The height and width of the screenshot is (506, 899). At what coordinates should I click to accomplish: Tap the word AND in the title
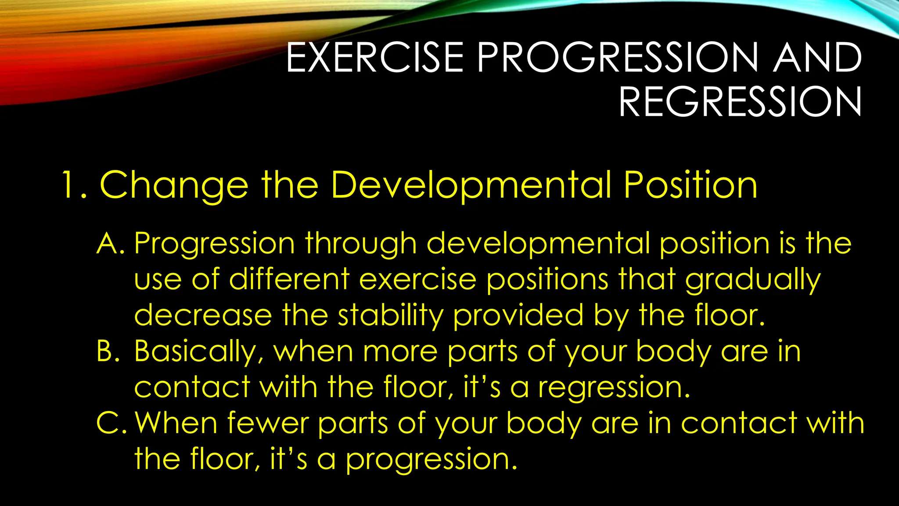coord(817,58)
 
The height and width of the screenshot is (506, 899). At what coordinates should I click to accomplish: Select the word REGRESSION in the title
coord(740,102)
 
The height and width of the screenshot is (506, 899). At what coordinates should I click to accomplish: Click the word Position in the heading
coord(690,185)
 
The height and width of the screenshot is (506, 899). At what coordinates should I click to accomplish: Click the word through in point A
coord(361,244)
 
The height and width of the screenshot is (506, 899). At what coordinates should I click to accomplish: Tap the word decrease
coord(203,316)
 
